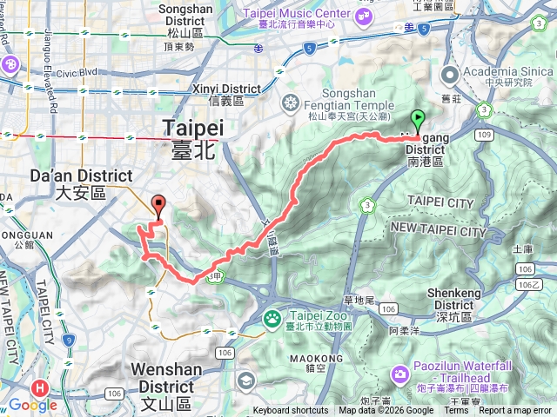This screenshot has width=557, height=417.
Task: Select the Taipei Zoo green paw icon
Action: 272,318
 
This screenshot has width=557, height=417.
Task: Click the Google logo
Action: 32,404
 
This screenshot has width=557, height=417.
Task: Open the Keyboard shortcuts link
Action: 291,411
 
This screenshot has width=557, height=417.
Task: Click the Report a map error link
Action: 515,411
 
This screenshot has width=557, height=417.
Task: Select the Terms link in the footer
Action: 455,411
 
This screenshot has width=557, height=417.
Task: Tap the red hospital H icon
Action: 39,388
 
